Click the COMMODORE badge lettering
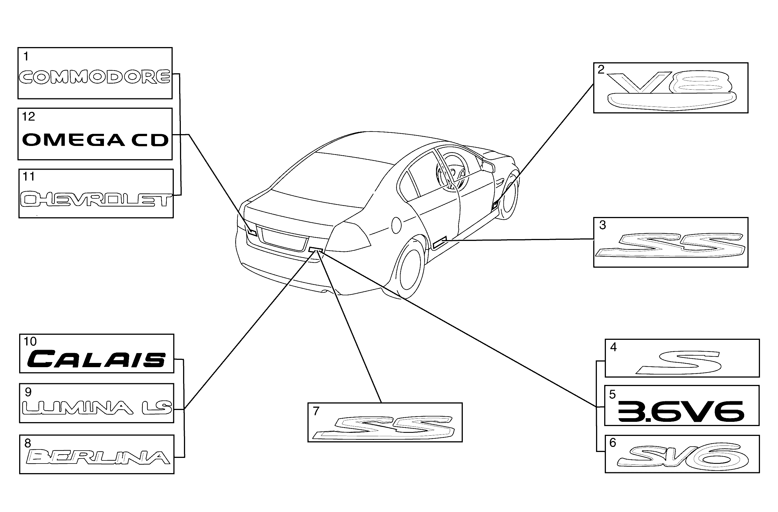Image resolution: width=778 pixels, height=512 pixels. tap(94, 77)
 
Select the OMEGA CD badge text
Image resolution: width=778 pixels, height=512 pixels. tap(95, 140)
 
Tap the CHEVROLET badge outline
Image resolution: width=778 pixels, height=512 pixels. tap(96, 200)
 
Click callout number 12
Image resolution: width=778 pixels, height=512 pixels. tap(28, 117)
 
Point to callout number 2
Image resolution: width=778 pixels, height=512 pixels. tap(601, 70)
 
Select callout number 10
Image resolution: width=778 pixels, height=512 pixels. tap(30, 342)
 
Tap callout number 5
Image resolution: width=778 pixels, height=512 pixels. tap(612, 394)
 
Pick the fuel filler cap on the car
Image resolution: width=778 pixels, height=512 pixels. tap(396, 225)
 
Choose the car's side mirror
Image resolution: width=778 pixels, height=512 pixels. tap(489, 166)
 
